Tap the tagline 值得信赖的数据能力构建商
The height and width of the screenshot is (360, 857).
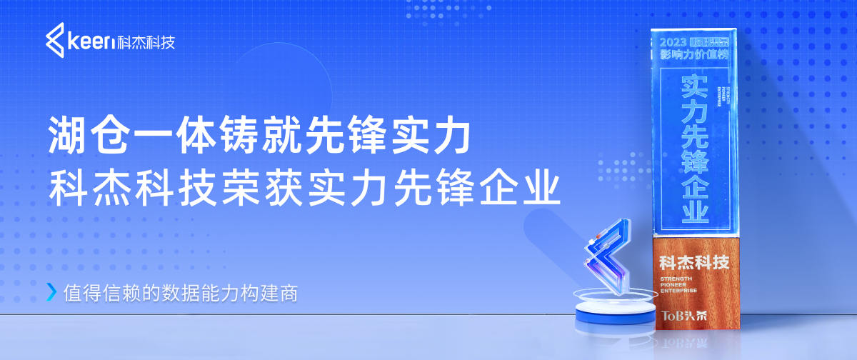pyautogui.click(x=179, y=292)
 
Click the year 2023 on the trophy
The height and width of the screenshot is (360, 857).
pyautogui.click(x=675, y=40)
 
